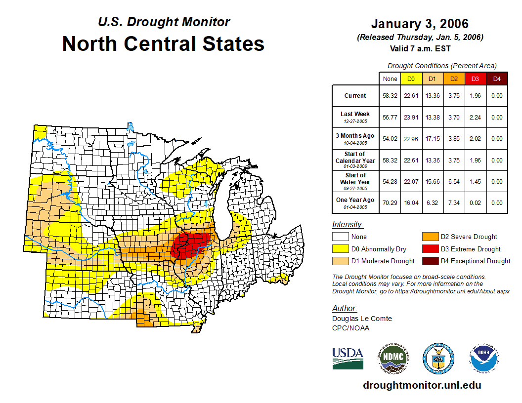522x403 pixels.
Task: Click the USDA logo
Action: tap(348, 358)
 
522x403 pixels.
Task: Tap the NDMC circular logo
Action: tap(392, 358)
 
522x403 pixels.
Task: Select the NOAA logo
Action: tap(484, 358)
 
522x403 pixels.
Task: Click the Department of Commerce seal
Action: tap(438, 358)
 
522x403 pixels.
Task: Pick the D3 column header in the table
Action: tap(475, 79)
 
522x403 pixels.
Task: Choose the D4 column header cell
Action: tap(497, 79)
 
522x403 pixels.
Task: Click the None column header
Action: tap(390, 79)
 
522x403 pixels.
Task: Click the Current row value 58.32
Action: tap(390, 96)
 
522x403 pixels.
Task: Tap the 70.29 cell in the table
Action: tap(390, 202)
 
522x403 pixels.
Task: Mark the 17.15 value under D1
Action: tap(433, 139)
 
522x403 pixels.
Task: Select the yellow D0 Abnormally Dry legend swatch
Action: tap(341, 249)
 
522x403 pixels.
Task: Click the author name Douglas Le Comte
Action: tap(362, 319)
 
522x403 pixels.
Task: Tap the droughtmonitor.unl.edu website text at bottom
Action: tap(422, 385)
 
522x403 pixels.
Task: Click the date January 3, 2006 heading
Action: tap(420, 24)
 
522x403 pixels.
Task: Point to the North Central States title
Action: tap(163, 44)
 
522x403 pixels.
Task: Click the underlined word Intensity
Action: tap(348, 225)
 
